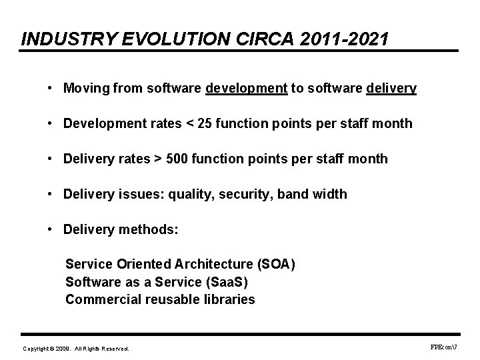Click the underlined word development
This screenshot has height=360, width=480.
coord(247,89)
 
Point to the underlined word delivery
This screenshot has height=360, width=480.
coord(391,89)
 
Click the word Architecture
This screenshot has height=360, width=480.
coord(210,265)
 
